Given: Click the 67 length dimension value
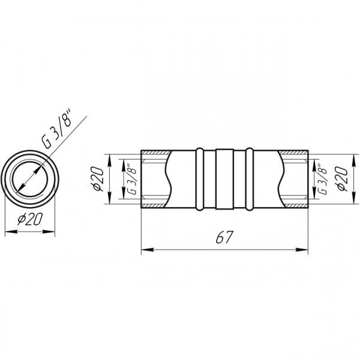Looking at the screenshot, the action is tap(224, 237).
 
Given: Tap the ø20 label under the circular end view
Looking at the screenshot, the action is tap(31, 219).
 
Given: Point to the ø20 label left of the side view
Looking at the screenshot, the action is tap(97, 179).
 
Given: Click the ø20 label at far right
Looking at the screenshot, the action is tap(342, 178).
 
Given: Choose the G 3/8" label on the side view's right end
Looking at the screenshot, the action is tap(322, 179).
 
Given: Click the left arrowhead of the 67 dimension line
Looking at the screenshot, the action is tap(147, 250).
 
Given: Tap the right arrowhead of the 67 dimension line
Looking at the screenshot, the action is tap(302, 250).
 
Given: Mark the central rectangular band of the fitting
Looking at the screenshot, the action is tap(224, 179).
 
